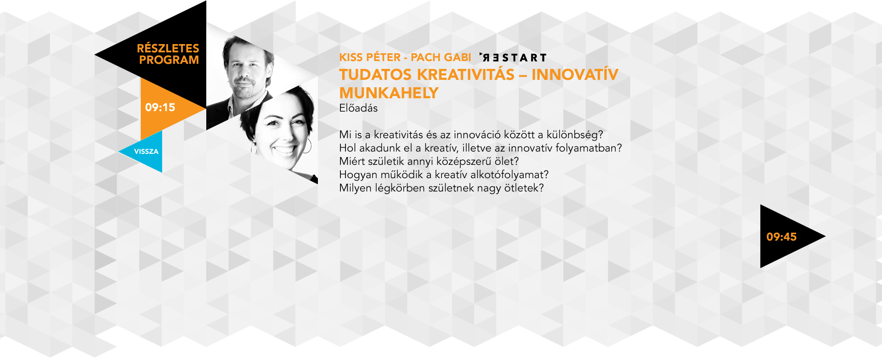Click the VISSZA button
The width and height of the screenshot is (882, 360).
click(146, 152)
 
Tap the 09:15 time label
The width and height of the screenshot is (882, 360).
click(160, 107)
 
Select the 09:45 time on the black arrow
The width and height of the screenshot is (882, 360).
click(781, 237)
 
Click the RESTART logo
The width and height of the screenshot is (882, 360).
click(513, 58)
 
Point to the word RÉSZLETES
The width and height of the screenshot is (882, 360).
click(168, 48)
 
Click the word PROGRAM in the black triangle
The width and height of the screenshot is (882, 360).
click(169, 60)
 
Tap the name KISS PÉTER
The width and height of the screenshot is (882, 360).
click(370, 57)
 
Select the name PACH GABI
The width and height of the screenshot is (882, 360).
click(441, 57)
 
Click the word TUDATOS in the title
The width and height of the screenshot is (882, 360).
click(375, 74)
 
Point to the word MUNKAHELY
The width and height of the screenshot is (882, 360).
click(389, 93)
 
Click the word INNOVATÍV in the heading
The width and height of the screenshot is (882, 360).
click(575, 74)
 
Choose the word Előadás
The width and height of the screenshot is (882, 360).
click(358, 108)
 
